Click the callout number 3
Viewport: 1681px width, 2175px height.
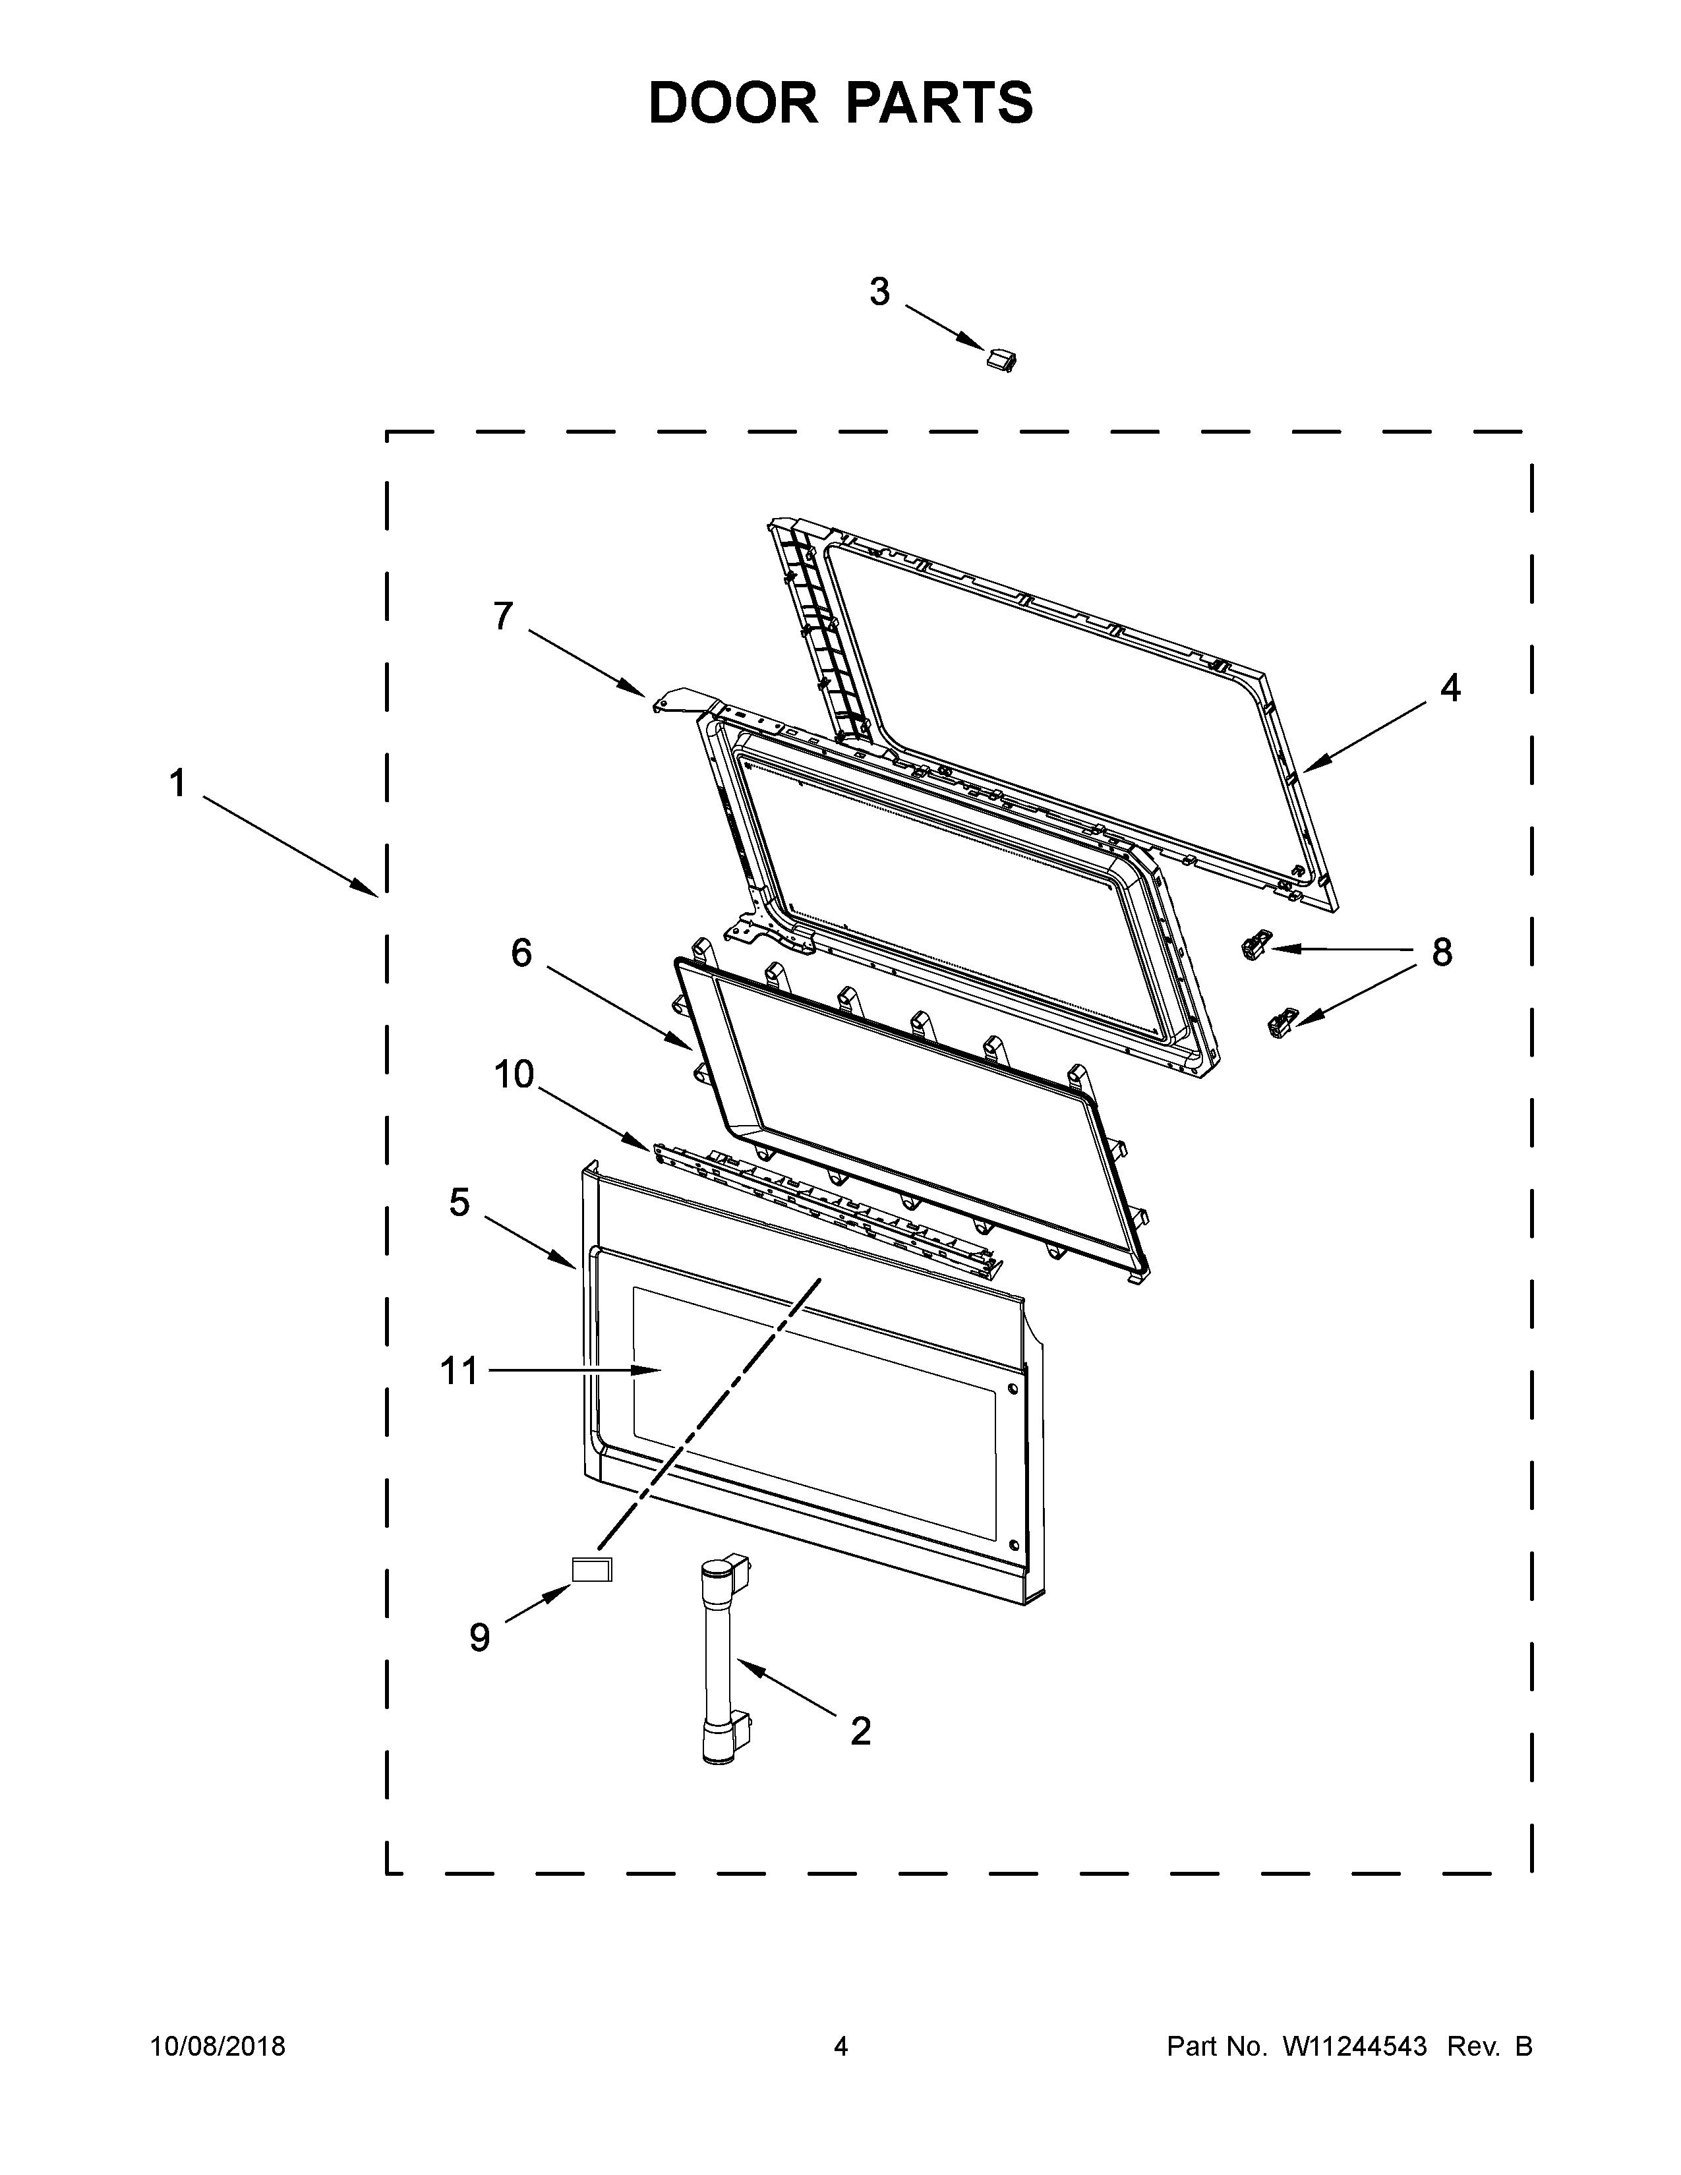879,293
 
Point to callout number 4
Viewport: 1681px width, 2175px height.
1450,687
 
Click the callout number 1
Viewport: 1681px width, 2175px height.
177,784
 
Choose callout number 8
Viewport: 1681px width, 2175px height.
1442,953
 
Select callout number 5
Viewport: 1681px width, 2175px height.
459,1202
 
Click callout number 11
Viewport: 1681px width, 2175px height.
459,1372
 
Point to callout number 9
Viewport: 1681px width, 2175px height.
480,1637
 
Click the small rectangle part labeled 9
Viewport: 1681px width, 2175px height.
591,1571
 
